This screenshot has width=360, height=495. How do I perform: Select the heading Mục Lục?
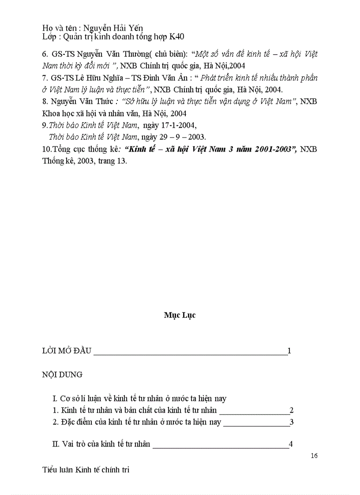(x=180, y=315)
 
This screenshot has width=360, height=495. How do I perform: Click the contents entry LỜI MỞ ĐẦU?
(x=66, y=351)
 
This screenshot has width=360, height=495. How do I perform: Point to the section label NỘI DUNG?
(x=62, y=375)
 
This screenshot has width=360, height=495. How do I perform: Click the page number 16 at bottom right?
(x=314, y=455)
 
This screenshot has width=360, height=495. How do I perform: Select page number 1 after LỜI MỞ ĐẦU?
(x=289, y=351)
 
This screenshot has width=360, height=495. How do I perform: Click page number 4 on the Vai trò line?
(x=290, y=444)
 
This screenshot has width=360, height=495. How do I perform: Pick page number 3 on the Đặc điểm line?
(x=292, y=422)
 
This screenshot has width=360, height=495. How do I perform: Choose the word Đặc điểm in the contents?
(x=76, y=422)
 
